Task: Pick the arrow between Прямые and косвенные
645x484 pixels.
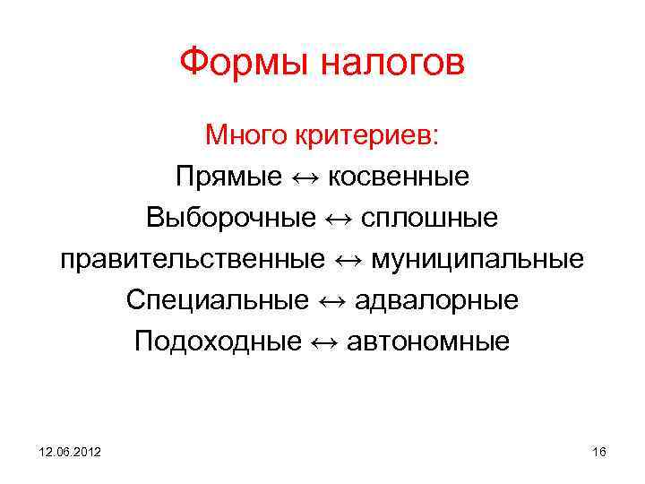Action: [305, 177]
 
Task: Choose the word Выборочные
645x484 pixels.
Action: [231, 218]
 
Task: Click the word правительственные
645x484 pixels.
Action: [193, 259]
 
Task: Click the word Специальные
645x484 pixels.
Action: [217, 300]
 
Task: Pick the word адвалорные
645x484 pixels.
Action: [436, 300]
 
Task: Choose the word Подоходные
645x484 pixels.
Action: [218, 341]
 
